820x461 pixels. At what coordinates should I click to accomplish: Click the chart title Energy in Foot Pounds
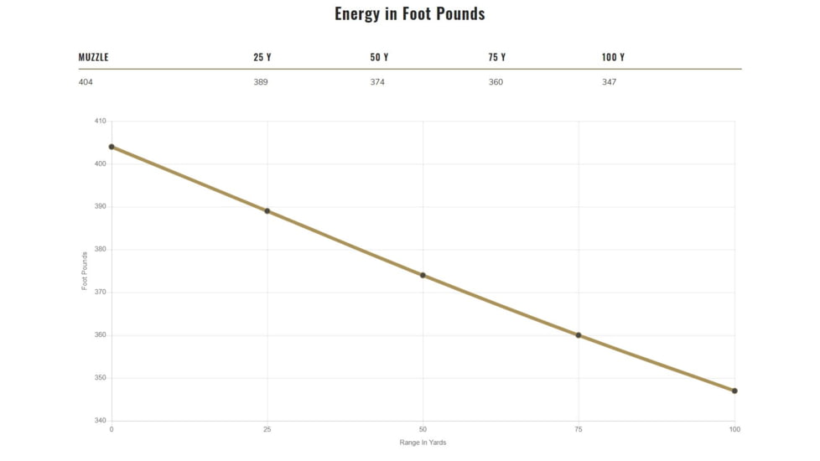409,13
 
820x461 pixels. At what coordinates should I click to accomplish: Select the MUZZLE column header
93,58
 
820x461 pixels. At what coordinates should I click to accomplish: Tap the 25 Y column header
262,58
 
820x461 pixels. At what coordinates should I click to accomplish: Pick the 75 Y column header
496,58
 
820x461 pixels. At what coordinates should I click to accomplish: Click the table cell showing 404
86,82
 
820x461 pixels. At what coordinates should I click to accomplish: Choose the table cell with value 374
377,82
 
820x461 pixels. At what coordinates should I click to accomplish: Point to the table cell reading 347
609,82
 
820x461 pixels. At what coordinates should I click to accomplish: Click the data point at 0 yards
112,147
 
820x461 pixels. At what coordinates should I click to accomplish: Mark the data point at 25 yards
267,211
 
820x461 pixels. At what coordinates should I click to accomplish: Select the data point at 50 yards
423,275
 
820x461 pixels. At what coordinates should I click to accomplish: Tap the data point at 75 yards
579,335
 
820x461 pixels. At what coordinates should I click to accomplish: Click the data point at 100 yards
734,391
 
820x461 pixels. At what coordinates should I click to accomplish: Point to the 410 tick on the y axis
100,121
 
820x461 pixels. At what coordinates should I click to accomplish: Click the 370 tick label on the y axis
100,293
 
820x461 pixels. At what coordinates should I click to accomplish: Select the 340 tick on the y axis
100,421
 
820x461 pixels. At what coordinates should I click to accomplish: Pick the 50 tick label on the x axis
423,430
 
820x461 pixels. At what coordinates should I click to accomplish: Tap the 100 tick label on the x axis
734,430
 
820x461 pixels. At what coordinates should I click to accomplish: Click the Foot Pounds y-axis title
85,271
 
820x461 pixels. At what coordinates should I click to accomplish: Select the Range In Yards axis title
423,443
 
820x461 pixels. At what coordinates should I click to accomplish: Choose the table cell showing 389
261,82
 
